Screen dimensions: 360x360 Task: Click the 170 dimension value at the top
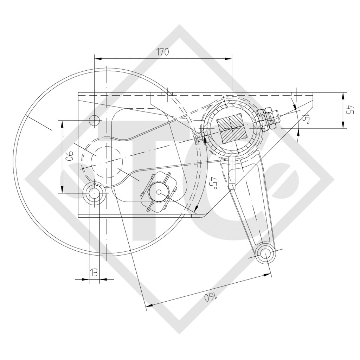[163, 52]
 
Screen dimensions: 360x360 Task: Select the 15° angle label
[306, 120]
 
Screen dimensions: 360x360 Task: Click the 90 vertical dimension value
[69, 156]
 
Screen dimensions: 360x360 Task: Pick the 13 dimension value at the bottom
[94, 272]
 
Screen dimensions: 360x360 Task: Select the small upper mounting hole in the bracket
[94, 120]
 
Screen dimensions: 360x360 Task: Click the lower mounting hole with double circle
[94, 193]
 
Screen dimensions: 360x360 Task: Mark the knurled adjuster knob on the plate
[159, 192]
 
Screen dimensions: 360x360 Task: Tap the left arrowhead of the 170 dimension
[97, 58]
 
